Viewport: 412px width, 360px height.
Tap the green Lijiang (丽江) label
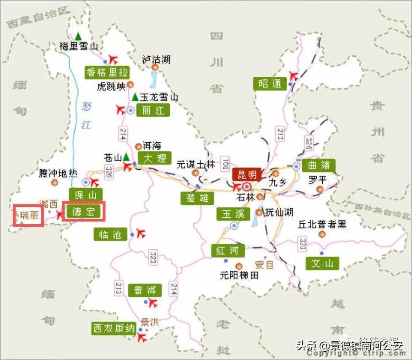153,110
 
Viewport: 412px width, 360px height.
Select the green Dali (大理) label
154,158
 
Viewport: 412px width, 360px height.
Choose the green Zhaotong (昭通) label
270,83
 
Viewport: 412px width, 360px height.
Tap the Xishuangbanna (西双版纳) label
114,328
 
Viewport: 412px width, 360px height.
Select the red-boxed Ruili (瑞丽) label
28,215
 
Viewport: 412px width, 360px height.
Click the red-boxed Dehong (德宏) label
84,211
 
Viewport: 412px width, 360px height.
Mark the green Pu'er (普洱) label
145,290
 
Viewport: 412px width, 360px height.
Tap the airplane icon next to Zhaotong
294,76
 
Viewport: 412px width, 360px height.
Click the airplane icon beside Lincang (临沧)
141,234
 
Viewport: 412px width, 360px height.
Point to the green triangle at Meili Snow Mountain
78,36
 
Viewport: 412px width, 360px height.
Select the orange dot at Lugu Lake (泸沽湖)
155,67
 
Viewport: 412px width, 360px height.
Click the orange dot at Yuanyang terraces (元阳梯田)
238,266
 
